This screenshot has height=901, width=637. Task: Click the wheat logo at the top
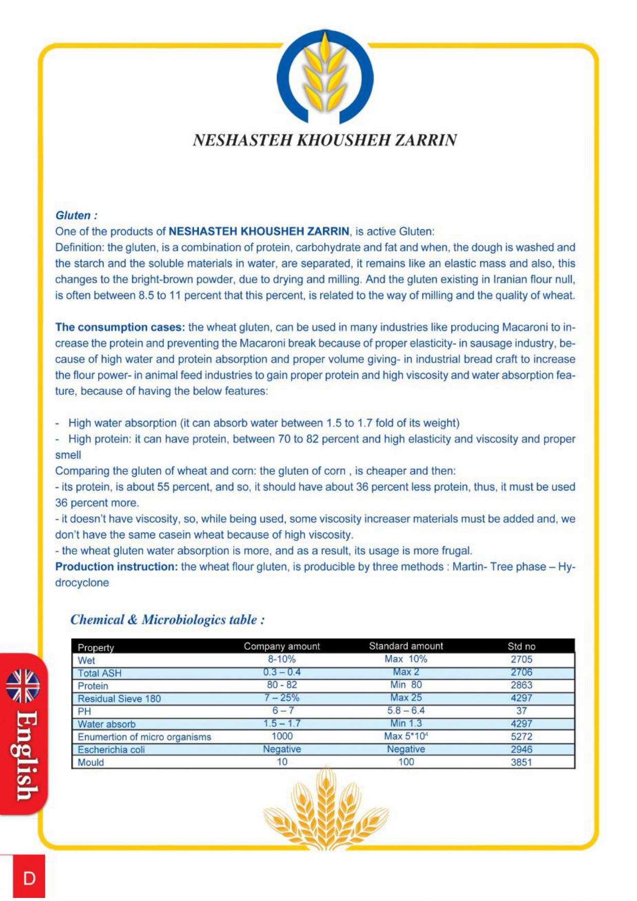point(325,77)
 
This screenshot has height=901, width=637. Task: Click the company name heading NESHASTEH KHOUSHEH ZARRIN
point(325,140)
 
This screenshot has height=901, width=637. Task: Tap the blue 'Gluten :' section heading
point(76,216)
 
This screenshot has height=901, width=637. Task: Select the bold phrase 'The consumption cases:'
point(120,327)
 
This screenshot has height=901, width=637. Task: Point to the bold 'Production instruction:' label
point(116,567)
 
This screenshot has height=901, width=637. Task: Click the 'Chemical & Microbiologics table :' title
point(167,620)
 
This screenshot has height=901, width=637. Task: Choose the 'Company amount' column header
point(282,646)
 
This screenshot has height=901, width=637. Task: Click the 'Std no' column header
point(521,646)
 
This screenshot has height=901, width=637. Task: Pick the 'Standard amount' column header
point(405,646)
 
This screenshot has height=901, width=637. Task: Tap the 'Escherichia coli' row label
point(111,750)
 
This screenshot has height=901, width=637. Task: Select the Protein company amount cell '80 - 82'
point(282,685)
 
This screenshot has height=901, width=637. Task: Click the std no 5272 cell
point(521,736)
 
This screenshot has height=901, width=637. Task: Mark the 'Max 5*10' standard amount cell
point(405,736)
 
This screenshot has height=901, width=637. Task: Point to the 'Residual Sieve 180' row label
point(119,699)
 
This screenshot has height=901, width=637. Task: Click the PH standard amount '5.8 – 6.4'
point(405,711)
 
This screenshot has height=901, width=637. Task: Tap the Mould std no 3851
point(521,762)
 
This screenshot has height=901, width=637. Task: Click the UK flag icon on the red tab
point(23,686)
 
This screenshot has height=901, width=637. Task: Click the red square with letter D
point(29,878)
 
